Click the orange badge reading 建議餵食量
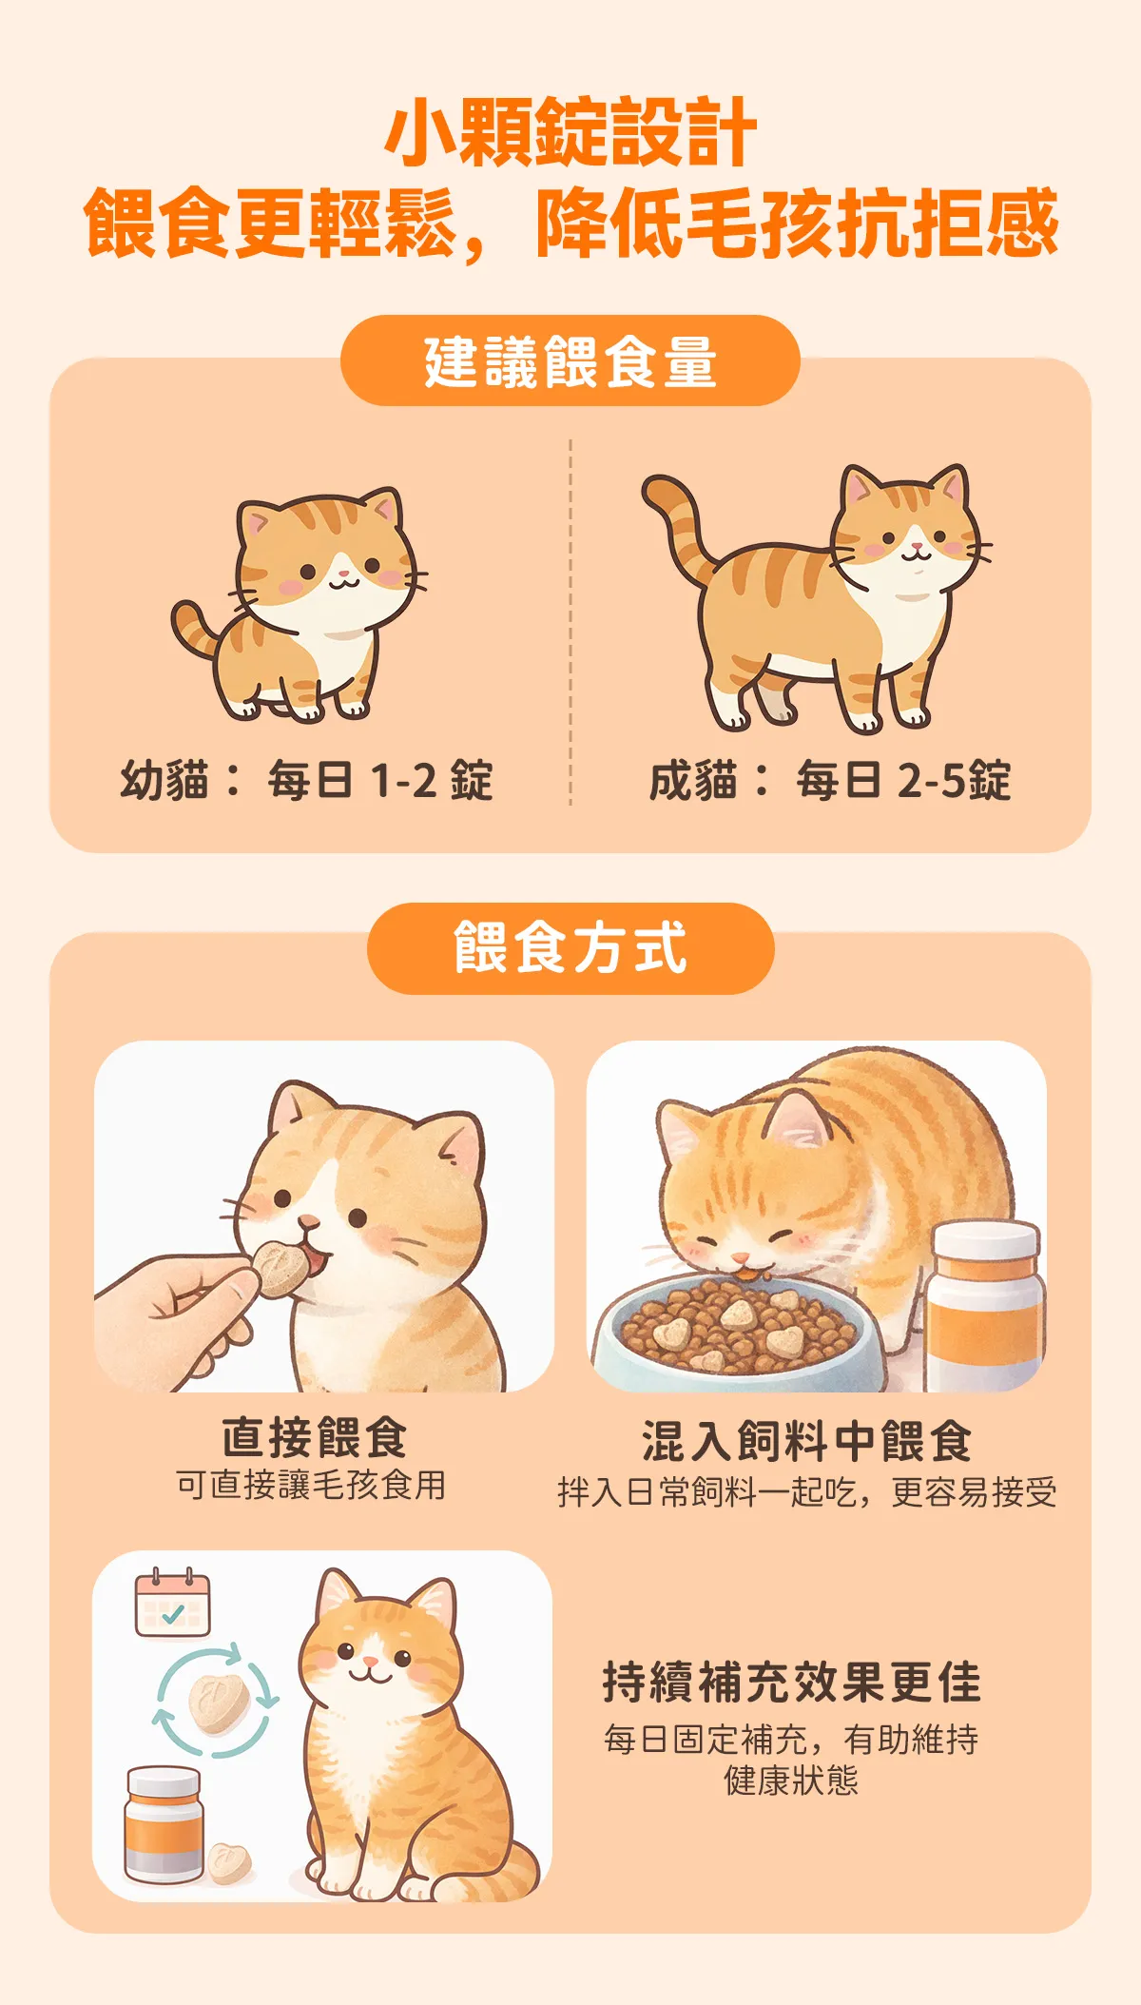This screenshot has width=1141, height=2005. click(x=570, y=360)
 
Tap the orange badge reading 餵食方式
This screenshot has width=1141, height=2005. click(x=570, y=948)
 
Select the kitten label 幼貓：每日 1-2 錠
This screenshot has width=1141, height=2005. click(x=307, y=781)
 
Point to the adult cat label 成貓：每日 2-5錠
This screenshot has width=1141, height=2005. click(x=830, y=781)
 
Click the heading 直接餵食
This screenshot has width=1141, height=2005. click(x=315, y=1437)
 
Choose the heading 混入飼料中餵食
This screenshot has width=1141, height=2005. click(x=806, y=1441)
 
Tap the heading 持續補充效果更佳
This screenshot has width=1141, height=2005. click(x=791, y=1682)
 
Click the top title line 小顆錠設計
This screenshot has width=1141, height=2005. click(x=570, y=132)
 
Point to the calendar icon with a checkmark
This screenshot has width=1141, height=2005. click(x=172, y=1603)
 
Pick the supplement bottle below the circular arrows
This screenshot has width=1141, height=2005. click(x=164, y=1824)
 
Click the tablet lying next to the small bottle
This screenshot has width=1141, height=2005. click(x=229, y=1863)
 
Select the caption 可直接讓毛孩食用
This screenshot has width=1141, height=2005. click(x=311, y=1485)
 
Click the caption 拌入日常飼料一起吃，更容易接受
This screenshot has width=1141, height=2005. click(x=806, y=1491)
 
